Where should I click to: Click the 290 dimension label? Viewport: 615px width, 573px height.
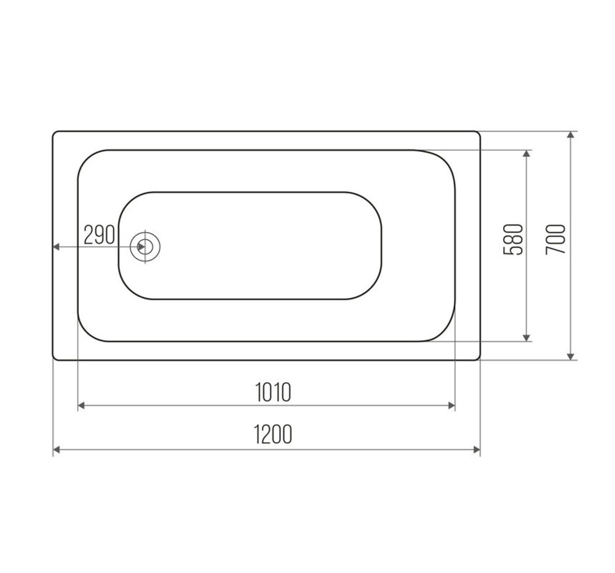99,235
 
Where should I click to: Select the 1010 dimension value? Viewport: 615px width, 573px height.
273,392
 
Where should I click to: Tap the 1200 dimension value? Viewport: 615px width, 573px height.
273,434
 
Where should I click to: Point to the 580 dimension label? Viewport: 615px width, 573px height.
513,239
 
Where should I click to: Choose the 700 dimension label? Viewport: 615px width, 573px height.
555,239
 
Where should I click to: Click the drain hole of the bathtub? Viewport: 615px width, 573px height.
145,246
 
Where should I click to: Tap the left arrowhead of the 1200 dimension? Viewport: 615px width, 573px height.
56,450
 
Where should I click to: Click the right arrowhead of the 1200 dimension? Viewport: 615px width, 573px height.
477,450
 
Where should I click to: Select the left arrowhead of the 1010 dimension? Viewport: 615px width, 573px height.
82,406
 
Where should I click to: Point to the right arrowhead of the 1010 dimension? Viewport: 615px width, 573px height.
451,406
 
